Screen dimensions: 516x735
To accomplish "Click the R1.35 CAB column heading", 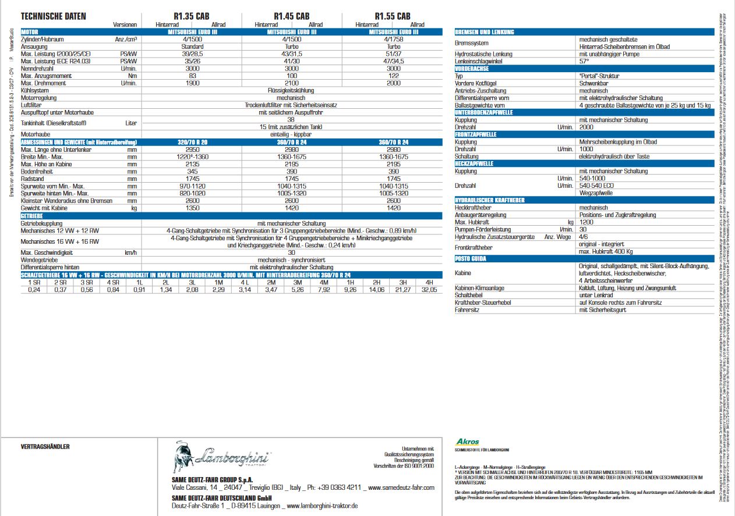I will [192, 16].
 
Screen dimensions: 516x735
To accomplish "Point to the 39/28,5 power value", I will [192, 54].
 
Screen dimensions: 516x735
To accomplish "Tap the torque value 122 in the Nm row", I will [393, 76].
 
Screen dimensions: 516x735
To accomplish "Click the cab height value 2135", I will [192, 165].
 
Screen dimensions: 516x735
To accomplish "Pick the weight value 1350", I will [192, 208].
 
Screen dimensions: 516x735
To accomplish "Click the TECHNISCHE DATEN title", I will [53, 16].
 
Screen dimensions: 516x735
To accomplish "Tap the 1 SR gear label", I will [34, 282].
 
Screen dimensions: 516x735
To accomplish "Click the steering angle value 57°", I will [584, 61].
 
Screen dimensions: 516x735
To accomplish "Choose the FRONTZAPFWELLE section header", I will [476, 134].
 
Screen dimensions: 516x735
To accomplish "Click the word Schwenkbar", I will [593, 83].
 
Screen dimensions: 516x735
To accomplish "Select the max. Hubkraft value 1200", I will [587, 222].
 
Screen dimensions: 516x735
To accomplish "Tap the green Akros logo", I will [468, 442].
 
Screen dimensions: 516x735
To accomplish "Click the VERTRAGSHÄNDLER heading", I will [45, 446].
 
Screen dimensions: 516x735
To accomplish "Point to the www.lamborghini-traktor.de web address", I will [322, 506].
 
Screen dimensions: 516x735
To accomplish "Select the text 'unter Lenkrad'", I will [596, 295].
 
